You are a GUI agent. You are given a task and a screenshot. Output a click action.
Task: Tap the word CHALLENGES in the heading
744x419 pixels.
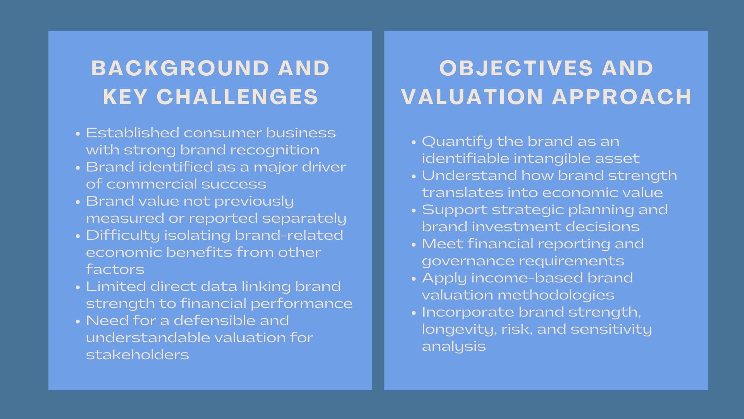pos(238,97)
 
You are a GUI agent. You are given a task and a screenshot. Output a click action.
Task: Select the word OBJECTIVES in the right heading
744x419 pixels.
pos(516,68)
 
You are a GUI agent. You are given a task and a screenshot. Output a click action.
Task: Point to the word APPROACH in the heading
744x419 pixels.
pos(622,97)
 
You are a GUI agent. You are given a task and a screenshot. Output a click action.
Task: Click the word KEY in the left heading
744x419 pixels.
pos(125,97)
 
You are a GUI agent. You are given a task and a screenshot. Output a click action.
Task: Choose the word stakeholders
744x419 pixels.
pos(137,355)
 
